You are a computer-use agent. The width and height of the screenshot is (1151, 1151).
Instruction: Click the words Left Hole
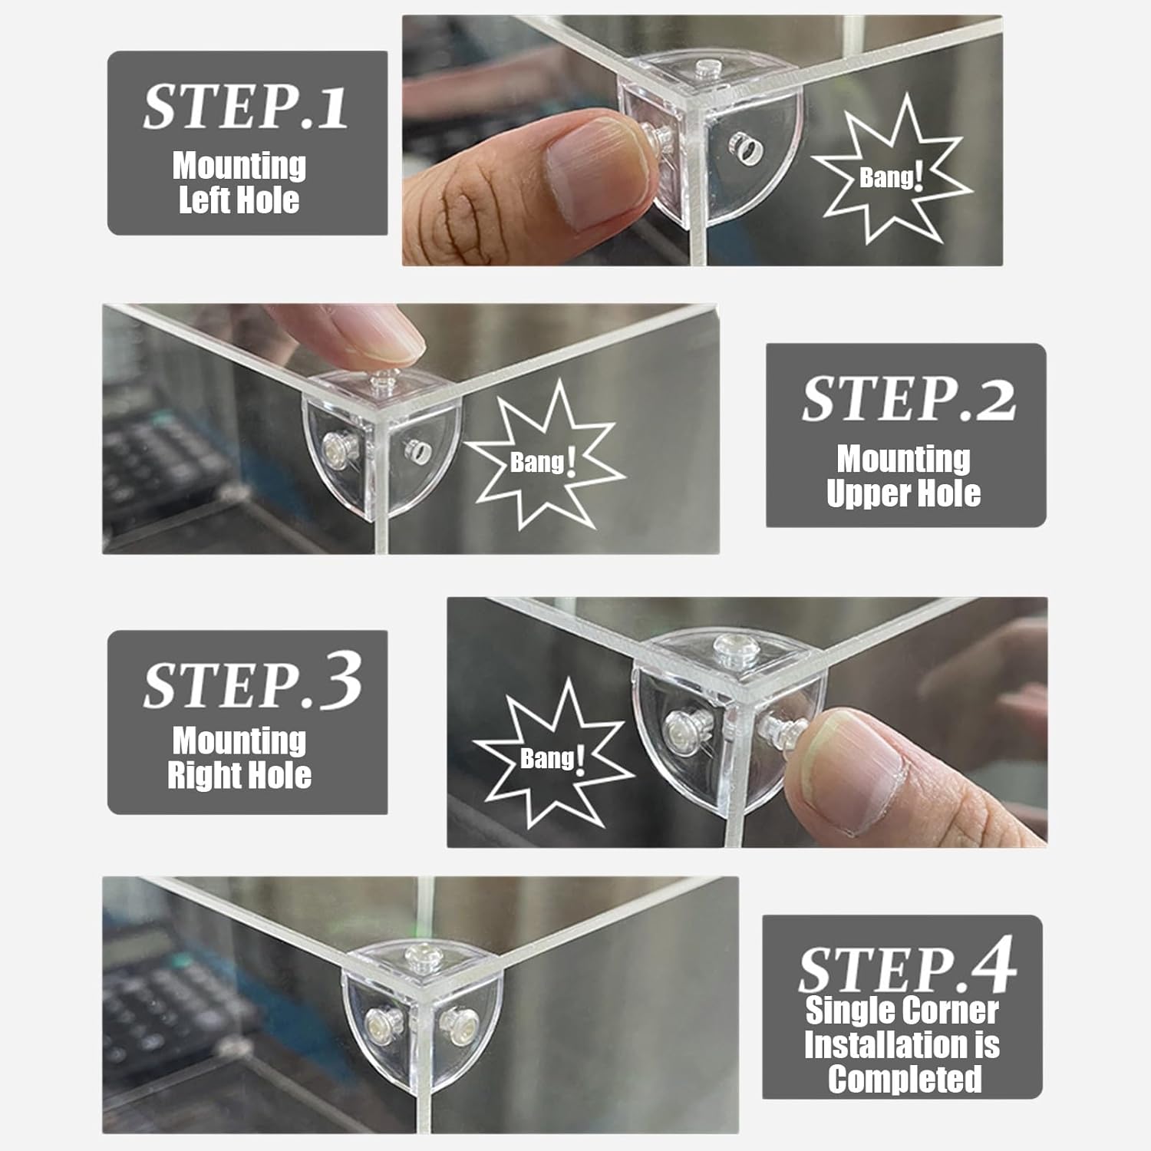point(239,200)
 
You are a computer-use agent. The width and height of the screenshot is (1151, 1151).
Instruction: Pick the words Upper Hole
point(904,493)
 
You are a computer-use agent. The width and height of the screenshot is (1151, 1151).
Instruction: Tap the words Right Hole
point(239,775)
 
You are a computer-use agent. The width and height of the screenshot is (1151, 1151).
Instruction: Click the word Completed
point(905,1079)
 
